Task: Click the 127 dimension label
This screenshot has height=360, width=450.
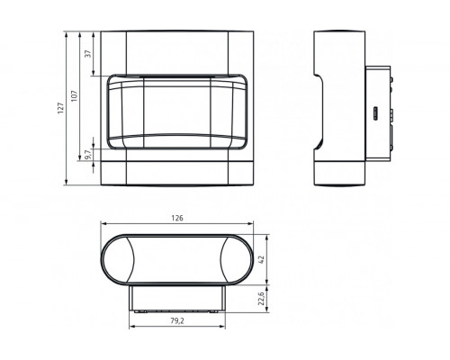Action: [61, 108]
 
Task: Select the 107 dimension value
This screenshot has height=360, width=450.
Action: [75, 96]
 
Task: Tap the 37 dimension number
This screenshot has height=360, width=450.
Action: [87, 54]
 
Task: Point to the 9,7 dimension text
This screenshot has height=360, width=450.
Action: [87, 155]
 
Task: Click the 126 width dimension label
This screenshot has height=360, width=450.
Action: [177, 218]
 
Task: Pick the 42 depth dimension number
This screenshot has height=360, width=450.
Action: [261, 259]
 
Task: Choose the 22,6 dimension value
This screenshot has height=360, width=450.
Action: [261, 299]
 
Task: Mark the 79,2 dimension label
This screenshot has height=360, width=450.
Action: [177, 320]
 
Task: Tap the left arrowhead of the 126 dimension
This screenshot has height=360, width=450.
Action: [104, 223]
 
